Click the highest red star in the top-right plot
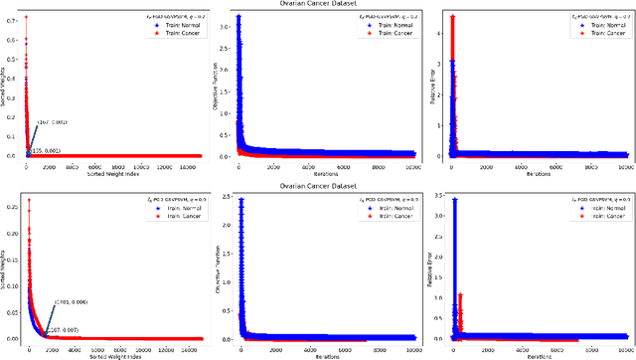coord(453,17)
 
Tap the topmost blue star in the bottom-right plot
coord(454,200)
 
